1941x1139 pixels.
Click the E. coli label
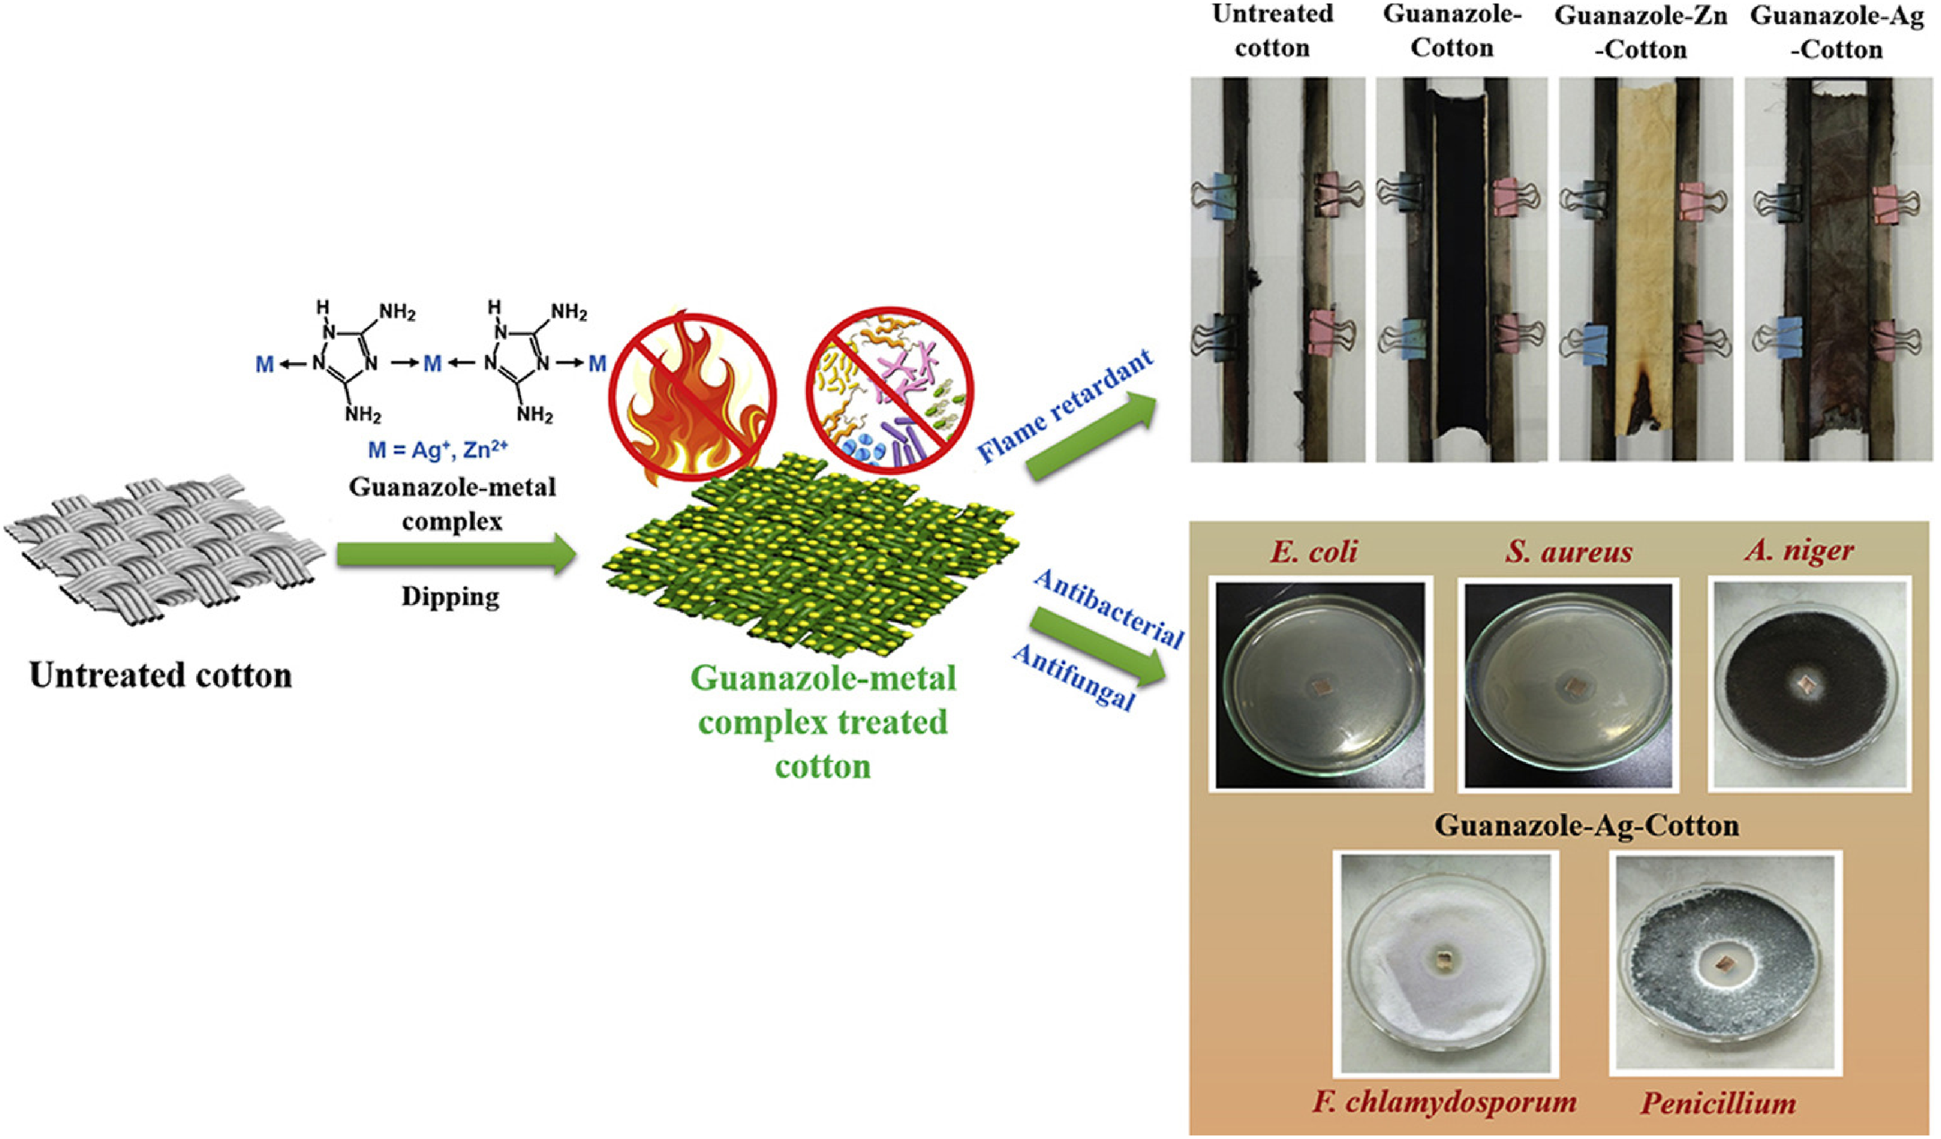pos(1314,551)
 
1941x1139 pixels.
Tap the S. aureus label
pos(1568,551)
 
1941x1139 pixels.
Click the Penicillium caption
pos(1718,1103)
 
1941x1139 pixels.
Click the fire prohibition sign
pos(692,397)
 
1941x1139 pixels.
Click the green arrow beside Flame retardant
pos(1092,436)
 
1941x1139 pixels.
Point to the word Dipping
pos(450,598)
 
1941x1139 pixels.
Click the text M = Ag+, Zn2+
pos(438,448)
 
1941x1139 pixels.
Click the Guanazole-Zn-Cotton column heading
pos(1641,32)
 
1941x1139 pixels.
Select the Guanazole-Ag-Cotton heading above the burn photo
pos(1838,32)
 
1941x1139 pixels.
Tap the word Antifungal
pos(1074,677)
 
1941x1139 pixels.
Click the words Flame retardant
pos(1066,406)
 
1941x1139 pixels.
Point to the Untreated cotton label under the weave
pos(161,675)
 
